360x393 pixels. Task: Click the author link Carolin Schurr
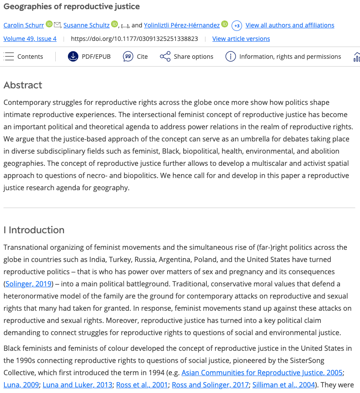click(x=24, y=25)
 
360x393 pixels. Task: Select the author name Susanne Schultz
click(x=86, y=25)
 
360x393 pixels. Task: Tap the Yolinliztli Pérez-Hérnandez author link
click(x=182, y=25)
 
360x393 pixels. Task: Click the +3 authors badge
click(x=237, y=26)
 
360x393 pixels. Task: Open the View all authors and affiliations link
click(x=290, y=25)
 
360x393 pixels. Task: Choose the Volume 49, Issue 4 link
click(x=30, y=39)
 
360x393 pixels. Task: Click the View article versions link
click(x=241, y=39)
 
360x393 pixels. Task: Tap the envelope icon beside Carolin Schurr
click(x=57, y=25)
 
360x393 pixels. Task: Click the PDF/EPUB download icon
click(x=73, y=57)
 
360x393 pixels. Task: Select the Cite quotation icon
click(x=128, y=57)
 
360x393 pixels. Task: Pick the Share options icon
click(x=165, y=57)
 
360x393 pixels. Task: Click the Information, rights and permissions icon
click(x=230, y=57)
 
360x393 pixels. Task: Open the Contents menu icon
click(x=9, y=57)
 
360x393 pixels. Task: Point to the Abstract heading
click(x=23, y=85)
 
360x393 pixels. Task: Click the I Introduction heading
click(x=34, y=230)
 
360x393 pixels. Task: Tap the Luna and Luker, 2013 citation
click(x=83, y=385)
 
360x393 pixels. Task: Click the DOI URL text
click(x=134, y=39)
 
